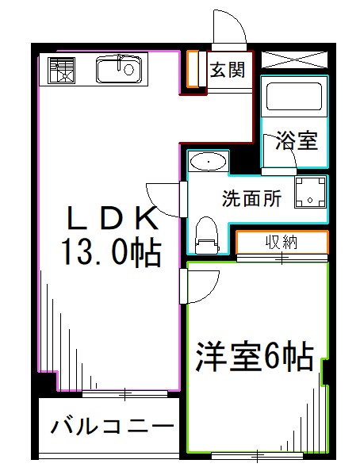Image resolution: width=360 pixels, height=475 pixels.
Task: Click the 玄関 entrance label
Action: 226,71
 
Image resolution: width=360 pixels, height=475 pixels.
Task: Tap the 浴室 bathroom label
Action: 297,142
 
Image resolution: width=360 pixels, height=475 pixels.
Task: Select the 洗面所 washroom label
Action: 251,198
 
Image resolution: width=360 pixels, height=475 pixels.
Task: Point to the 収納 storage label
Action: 281,242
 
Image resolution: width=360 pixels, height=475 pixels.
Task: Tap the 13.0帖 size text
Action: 111,254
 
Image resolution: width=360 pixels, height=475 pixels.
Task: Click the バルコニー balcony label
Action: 113,427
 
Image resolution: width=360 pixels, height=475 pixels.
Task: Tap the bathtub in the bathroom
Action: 293,97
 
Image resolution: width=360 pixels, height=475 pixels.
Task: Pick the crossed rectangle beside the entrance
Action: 294,59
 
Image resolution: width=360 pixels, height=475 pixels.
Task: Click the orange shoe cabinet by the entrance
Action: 191,70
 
